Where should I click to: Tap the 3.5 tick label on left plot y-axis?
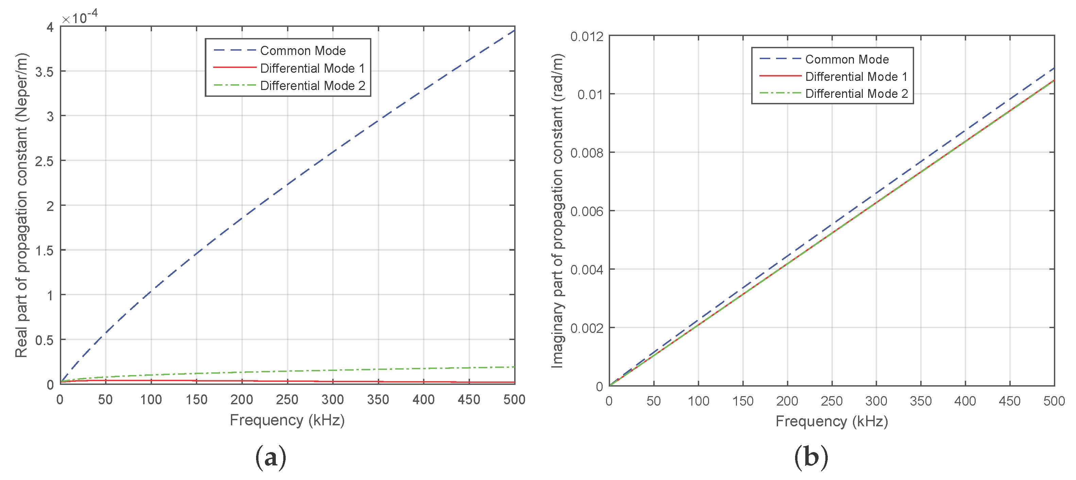pyautogui.click(x=44, y=72)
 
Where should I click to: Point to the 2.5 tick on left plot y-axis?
pyautogui.click(x=44, y=161)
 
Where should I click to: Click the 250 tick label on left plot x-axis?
pyautogui.click(x=287, y=399)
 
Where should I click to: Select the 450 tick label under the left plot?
pyautogui.click(x=469, y=399)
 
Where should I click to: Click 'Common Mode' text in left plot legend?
pyautogui.click(x=303, y=51)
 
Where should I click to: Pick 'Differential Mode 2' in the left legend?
pyautogui.click(x=313, y=86)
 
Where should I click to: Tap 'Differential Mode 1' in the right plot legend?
pyautogui.click(x=856, y=76)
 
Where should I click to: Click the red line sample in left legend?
pyautogui.click(x=234, y=68)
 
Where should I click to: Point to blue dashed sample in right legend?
pyautogui.click(x=780, y=59)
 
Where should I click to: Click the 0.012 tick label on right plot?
pyautogui.click(x=587, y=37)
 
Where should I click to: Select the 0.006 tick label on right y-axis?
pyautogui.click(x=587, y=211)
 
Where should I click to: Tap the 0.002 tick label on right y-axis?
pyautogui.click(x=587, y=328)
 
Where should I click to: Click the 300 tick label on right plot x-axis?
pyautogui.click(x=876, y=401)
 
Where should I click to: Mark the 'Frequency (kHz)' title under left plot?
pyautogui.click(x=287, y=420)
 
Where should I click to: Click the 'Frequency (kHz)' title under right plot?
pyautogui.click(x=831, y=421)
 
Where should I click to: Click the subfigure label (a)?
pyautogui.click(x=271, y=457)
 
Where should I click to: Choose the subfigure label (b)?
pyautogui.click(x=811, y=457)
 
